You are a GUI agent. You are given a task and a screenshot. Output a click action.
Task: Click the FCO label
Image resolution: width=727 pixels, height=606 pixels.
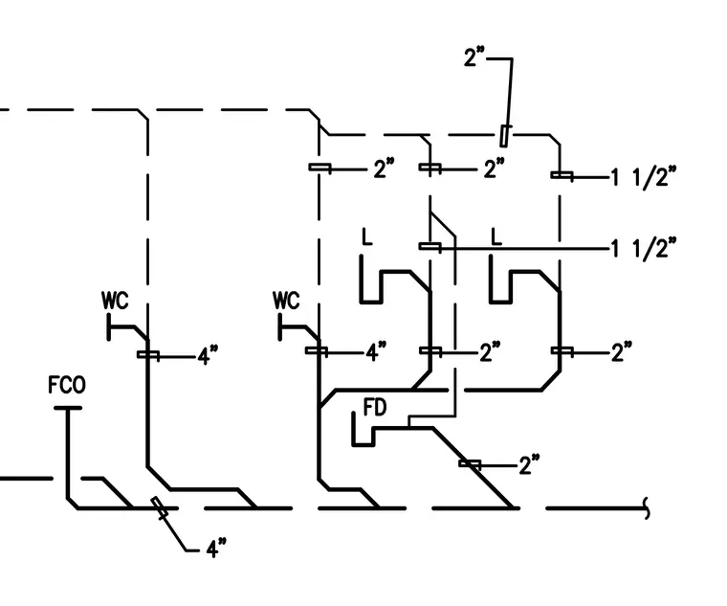point(67,385)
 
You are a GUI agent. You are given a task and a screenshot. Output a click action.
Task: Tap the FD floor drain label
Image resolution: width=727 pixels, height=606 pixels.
point(375,408)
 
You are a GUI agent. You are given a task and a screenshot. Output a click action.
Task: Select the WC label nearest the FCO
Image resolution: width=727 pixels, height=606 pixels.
point(115,301)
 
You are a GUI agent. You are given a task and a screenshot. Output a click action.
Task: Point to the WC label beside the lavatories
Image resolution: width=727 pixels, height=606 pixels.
point(286,301)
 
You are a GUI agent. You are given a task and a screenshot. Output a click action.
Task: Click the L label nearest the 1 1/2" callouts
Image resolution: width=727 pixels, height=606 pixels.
point(496,236)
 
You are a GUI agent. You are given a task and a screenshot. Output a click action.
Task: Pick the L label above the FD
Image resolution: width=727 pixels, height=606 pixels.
point(366,236)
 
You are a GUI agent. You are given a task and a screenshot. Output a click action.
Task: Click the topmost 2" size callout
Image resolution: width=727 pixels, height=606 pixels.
point(474,57)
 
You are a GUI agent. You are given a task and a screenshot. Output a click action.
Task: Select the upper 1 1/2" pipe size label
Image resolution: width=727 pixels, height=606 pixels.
point(643,177)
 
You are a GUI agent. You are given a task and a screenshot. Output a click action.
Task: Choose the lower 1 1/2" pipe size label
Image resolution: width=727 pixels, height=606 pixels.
point(643,248)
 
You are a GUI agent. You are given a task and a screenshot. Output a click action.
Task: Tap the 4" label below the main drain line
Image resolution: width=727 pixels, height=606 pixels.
point(216,549)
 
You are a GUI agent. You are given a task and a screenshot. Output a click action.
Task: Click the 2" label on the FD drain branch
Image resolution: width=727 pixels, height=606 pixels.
point(529,465)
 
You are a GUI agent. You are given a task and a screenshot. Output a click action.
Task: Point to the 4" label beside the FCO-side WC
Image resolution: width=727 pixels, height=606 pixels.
point(208,356)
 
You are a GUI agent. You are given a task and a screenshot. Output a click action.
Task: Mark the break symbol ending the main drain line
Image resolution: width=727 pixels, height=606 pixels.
point(647,508)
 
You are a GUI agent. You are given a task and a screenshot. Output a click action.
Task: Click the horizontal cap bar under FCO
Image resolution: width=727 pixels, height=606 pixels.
point(68,409)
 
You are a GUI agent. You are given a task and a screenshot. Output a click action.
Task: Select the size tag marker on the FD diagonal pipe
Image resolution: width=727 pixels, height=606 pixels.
point(470,463)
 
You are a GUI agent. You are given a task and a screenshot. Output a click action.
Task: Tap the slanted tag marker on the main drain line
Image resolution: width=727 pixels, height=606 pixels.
point(159,507)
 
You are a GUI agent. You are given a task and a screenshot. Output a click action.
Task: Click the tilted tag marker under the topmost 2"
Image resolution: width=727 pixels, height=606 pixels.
point(504,136)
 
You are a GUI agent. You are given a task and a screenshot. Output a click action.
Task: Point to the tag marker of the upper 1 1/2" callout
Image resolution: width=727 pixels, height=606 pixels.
point(562,175)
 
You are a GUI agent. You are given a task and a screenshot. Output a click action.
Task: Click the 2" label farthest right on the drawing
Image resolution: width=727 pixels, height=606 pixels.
point(622,352)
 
